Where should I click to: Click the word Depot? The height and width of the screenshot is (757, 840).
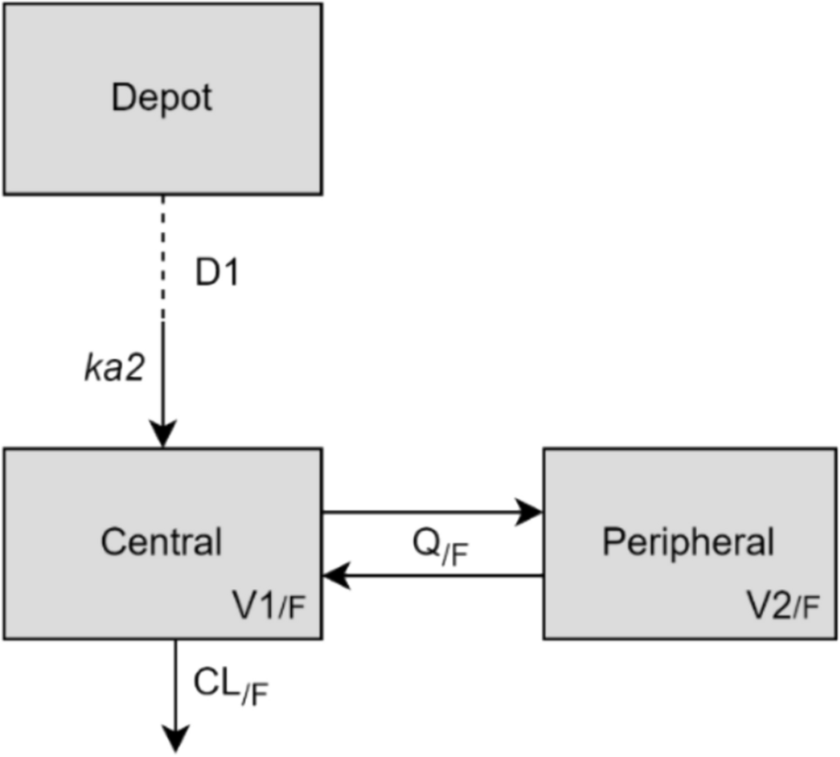[161, 97]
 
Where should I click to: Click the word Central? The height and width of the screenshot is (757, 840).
[161, 542]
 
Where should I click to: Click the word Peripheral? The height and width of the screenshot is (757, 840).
[688, 542]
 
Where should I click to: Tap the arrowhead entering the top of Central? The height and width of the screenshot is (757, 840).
[163, 433]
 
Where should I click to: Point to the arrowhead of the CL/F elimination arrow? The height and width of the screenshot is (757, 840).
[176, 738]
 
